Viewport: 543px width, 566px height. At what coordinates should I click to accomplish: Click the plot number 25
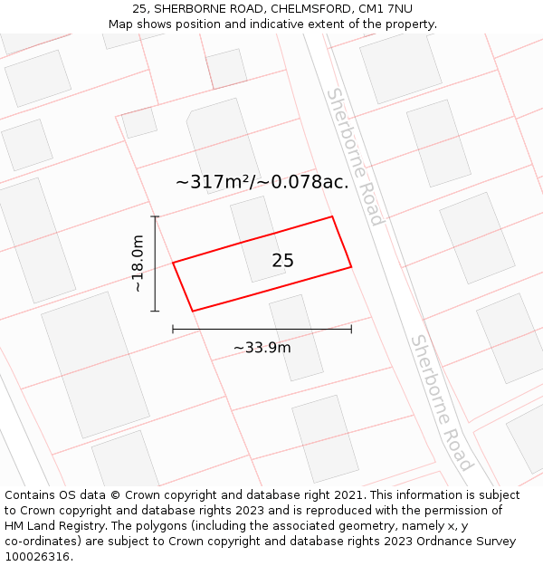pos(282,261)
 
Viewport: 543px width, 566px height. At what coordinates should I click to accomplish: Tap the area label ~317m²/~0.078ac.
pos(262,182)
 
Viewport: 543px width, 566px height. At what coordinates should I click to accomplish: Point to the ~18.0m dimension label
pos(138,264)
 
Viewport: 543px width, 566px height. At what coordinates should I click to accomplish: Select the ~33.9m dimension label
pos(262,348)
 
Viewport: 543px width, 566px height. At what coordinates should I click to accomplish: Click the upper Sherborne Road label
pos(355,157)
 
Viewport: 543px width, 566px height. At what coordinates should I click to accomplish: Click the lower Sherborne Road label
pos(442,403)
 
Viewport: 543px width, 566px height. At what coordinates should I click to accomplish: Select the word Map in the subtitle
pos(120,24)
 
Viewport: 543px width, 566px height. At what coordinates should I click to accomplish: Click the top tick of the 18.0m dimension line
pos(155,216)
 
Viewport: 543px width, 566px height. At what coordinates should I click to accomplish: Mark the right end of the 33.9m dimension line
pos(351,329)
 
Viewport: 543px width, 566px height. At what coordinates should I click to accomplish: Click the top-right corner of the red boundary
pos(332,216)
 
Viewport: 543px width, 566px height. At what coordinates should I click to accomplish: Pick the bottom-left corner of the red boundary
pos(193,311)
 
